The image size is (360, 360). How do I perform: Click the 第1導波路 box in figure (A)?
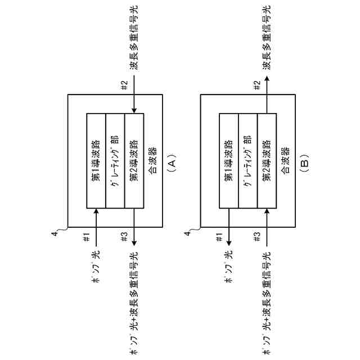(x=96, y=160)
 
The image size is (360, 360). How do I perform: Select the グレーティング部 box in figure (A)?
(x=115, y=160)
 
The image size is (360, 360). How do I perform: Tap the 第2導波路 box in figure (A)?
(x=134, y=160)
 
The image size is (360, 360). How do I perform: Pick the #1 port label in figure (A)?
(x=87, y=238)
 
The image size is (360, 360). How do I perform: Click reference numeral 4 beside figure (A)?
(x=53, y=232)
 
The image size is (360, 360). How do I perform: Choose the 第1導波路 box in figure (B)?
(x=229, y=160)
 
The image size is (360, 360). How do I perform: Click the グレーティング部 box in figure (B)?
(x=248, y=160)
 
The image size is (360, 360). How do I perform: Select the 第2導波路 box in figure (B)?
(x=267, y=160)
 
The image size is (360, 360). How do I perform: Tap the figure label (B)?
(x=304, y=163)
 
